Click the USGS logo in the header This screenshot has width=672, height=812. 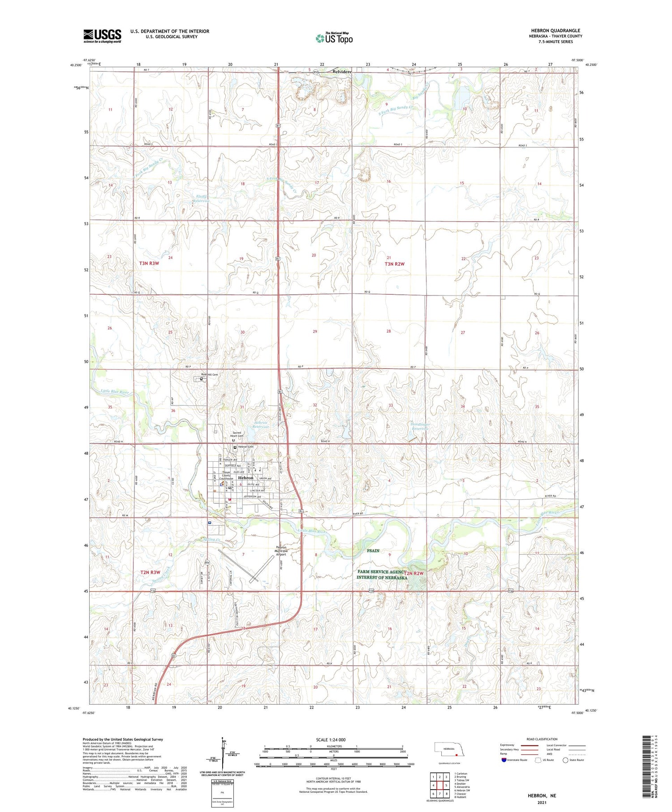[x=102, y=36]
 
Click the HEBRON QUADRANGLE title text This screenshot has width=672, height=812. [x=555, y=30]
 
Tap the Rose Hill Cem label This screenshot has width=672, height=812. [x=209, y=374]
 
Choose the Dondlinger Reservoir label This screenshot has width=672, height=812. [x=420, y=426]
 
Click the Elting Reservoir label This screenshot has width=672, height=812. [x=202, y=198]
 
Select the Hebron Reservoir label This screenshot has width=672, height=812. [x=261, y=425]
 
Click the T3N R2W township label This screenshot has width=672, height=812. [x=394, y=264]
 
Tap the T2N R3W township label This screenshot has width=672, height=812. [x=150, y=572]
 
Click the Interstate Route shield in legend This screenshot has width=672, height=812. [x=504, y=760]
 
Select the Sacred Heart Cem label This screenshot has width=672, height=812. [x=237, y=434]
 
